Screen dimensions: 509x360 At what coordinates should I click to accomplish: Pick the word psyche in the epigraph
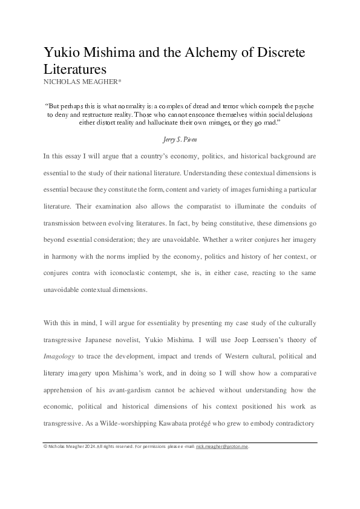(x=303, y=105)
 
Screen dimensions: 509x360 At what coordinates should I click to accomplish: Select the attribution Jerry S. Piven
(x=180, y=138)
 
